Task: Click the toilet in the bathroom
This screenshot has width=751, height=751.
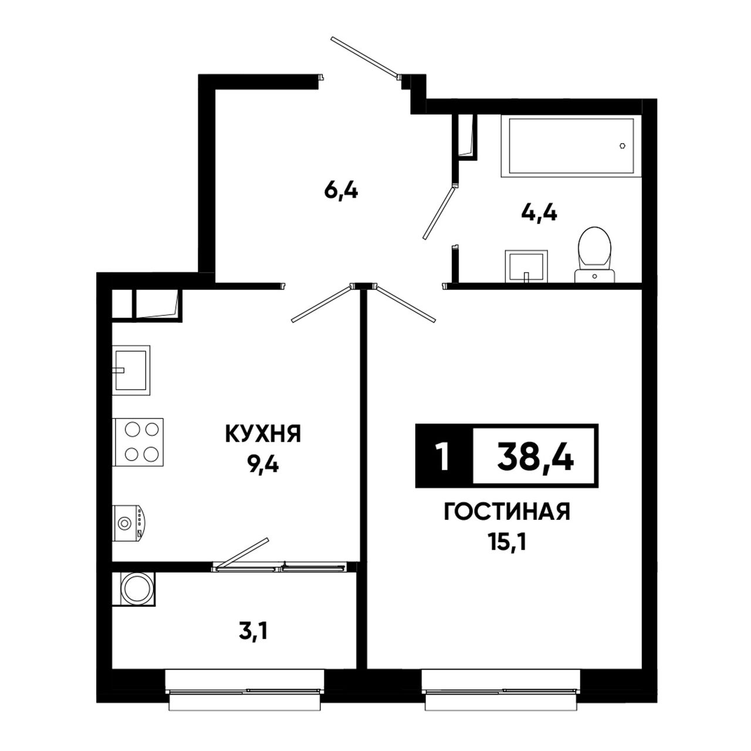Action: click(595, 255)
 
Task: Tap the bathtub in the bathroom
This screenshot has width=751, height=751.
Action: click(570, 146)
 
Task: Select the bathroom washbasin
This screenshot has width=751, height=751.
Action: click(526, 266)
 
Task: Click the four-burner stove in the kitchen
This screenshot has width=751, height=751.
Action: click(138, 442)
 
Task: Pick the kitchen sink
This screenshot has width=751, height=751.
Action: click(131, 370)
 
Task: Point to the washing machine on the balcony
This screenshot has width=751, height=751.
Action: click(134, 588)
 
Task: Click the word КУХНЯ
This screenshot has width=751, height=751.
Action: click(263, 434)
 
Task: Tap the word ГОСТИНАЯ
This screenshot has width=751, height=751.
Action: click(507, 512)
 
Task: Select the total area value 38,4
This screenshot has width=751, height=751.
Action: click(535, 456)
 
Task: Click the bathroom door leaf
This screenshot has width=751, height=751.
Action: click(439, 213)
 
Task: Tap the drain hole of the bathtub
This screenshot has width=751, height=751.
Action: click(623, 146)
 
